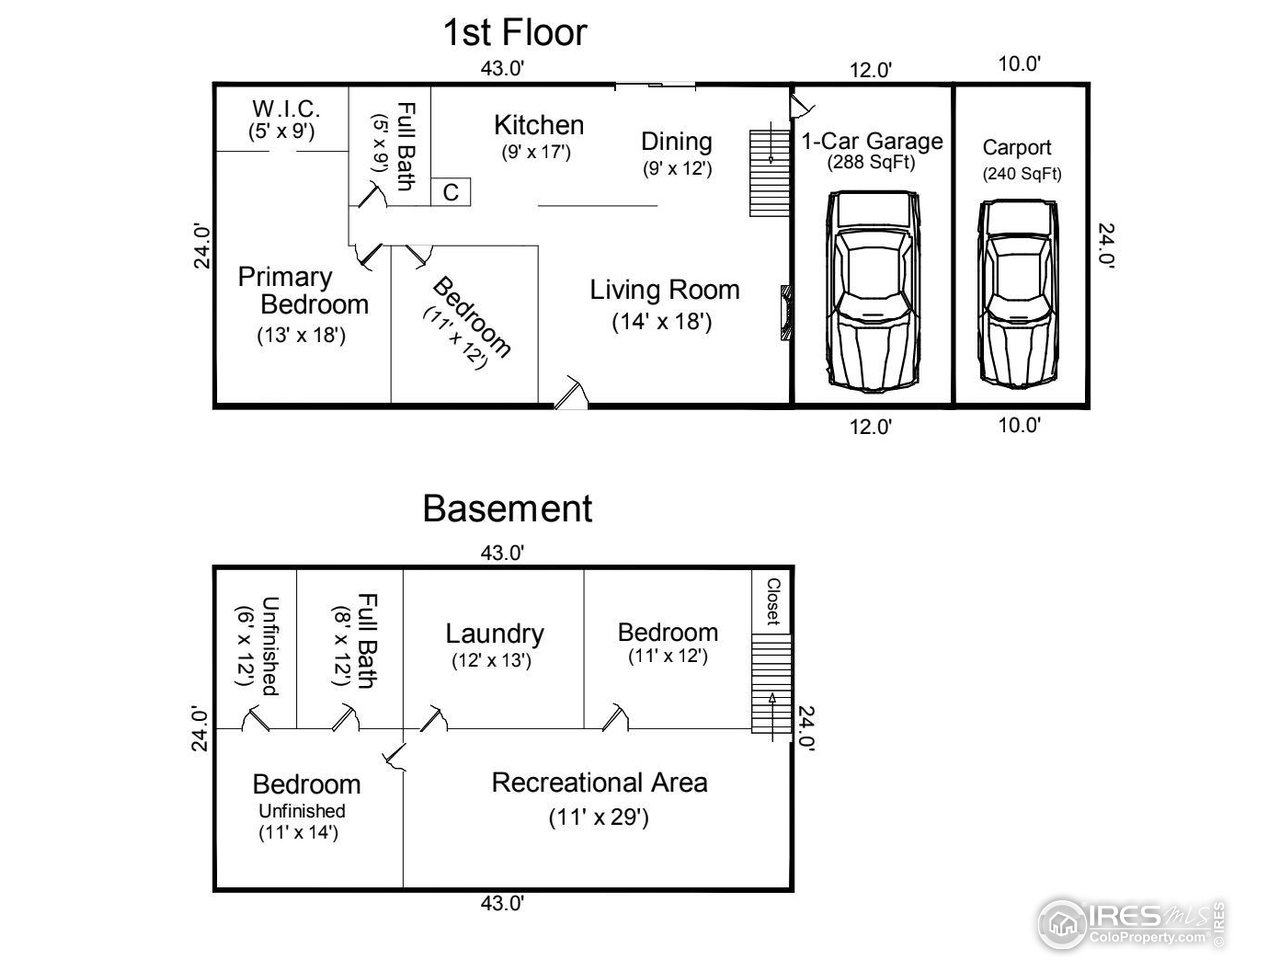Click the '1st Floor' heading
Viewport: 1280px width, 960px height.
coord(514,33)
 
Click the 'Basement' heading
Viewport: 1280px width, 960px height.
coord(507,508)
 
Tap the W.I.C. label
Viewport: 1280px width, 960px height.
coord(285,108)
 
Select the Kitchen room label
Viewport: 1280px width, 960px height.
coord(539,125)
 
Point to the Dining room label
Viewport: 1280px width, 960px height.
coord(677,142)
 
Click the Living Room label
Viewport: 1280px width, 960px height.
coord(664,290)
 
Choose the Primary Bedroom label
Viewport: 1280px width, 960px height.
coord(300,290)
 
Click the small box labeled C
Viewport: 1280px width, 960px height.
coord(451,192)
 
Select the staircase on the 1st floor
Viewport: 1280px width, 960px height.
coord(769,171)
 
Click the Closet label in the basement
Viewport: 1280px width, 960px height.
coord(772,601)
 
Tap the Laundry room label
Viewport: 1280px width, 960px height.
coord(494,633)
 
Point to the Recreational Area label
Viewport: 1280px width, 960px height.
coord(599,782)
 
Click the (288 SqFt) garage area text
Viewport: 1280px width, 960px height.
coord(871,163)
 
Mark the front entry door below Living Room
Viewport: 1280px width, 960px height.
coord(571,394)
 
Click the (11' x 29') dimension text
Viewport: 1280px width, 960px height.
coord(599,817)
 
